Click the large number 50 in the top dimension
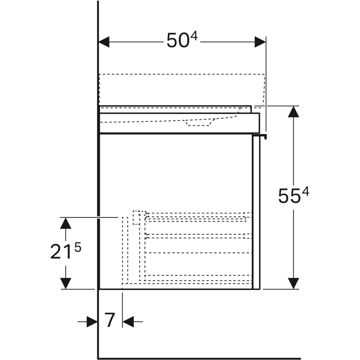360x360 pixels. [x=177, y=40]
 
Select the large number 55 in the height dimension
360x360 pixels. [x=289, y=196]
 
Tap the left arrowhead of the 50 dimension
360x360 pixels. [x=104, y=42]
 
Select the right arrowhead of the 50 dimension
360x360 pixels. [x=260, y=42]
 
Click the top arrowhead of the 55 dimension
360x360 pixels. [x=293, y=112]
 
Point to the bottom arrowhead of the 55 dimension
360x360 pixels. [x=293, y=283]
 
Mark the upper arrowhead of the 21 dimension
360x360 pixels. [x=66, y=223]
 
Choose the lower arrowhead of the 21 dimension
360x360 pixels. [x=66, y=283]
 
